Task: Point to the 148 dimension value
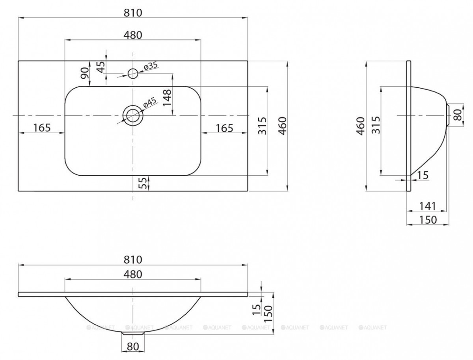pyautogui.click(x=167, y=98)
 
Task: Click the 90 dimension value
pyautogui.click(x=85, y=73)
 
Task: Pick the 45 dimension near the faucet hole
pyautogui.click(x=101, y=67)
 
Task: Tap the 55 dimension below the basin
pyautogui.click(x=143, y=183)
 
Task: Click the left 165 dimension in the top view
pyautogui.click(x=42, y=128)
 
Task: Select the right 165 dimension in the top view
pyautogui.click(x=225, y=128)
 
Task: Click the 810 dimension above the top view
pyautogui.click(x=133, y=13)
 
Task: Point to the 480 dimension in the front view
pyautogui.click(x=133, y=274)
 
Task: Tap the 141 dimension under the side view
pyautogui.click(x=428, y=206)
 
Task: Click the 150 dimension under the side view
pyautogui.click(x=428, y=220)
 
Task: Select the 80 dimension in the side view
pyautogui.click(x=458, y=115)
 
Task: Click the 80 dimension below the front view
pyautogui.click(x=133, y=347)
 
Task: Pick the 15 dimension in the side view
pyautogui.click(x=423, y=175)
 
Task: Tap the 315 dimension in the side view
pyautogui.click(x=376, y=125)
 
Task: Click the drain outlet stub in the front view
pyautogui.click(x=133, y=333)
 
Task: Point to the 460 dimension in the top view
pyautogui.click(x=283, y=126)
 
